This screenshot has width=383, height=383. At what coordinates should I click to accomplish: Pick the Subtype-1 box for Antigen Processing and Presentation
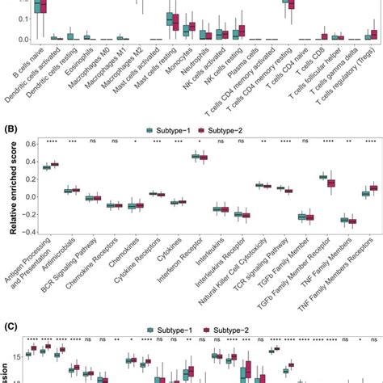click(47, 167)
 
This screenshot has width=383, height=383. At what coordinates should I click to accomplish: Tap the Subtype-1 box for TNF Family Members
click(343, 219)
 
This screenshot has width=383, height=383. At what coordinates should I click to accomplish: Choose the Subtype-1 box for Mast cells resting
click(168, 19)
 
